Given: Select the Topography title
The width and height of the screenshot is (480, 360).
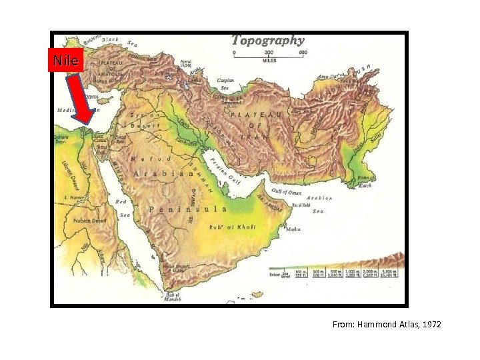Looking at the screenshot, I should [x=267, y=41].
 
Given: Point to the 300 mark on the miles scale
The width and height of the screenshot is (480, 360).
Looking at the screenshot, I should [x=268, y=51].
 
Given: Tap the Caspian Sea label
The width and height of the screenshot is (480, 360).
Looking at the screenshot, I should [x=225, y=84].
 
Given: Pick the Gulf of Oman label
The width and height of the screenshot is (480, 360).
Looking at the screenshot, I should [x=286, y=193].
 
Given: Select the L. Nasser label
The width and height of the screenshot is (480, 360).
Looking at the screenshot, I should [x=73, y=198].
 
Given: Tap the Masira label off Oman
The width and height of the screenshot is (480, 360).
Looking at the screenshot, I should [x=293, y=229].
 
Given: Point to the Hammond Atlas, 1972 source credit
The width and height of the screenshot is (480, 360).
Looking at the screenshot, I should [x=387, y=325].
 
